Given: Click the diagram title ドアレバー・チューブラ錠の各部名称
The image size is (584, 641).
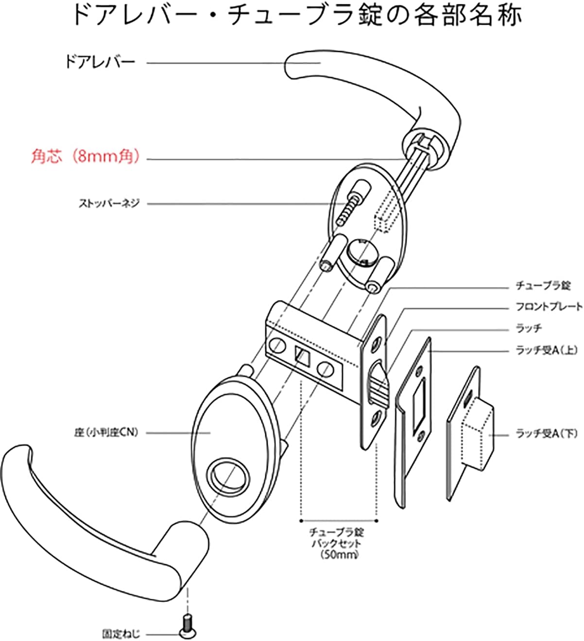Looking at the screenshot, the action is [297, 16].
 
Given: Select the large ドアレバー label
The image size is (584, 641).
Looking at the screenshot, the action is [100, 62].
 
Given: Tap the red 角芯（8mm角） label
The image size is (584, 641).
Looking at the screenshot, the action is [86, 157].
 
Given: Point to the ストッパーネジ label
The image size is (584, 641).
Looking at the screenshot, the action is [109, 203].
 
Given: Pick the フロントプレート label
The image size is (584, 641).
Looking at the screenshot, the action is [549, 307].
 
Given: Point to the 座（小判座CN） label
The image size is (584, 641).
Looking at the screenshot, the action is [106, 432].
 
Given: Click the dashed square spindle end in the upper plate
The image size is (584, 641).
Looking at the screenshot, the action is [384, 217].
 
